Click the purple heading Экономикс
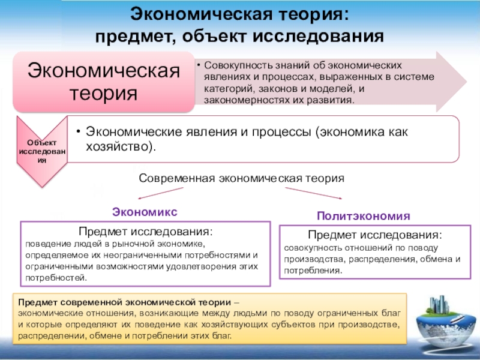pyautogui.click(x=145, y=212)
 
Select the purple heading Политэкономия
pyautogui.click(x=364, y=216)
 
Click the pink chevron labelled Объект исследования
pyautogui.click(x=42, y=151)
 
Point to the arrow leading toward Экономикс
pyautogui.click(x=160, y=193)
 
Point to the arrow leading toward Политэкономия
pyautogui.click(x=314, y=193)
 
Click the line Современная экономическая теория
pyautogui.click(x=241, y=178)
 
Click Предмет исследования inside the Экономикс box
pyautogui.click(x=145, y=232)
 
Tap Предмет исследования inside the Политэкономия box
pyautogui.click(x=375, y=235)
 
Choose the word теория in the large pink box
pyautogui.click(x=103, y=93)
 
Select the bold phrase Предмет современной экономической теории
pyautogui.click(x=125, y=302)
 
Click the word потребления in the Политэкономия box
pyautogui.click(x=313, y=271)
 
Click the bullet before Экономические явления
pyautogui.click(x=79, y=131)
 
